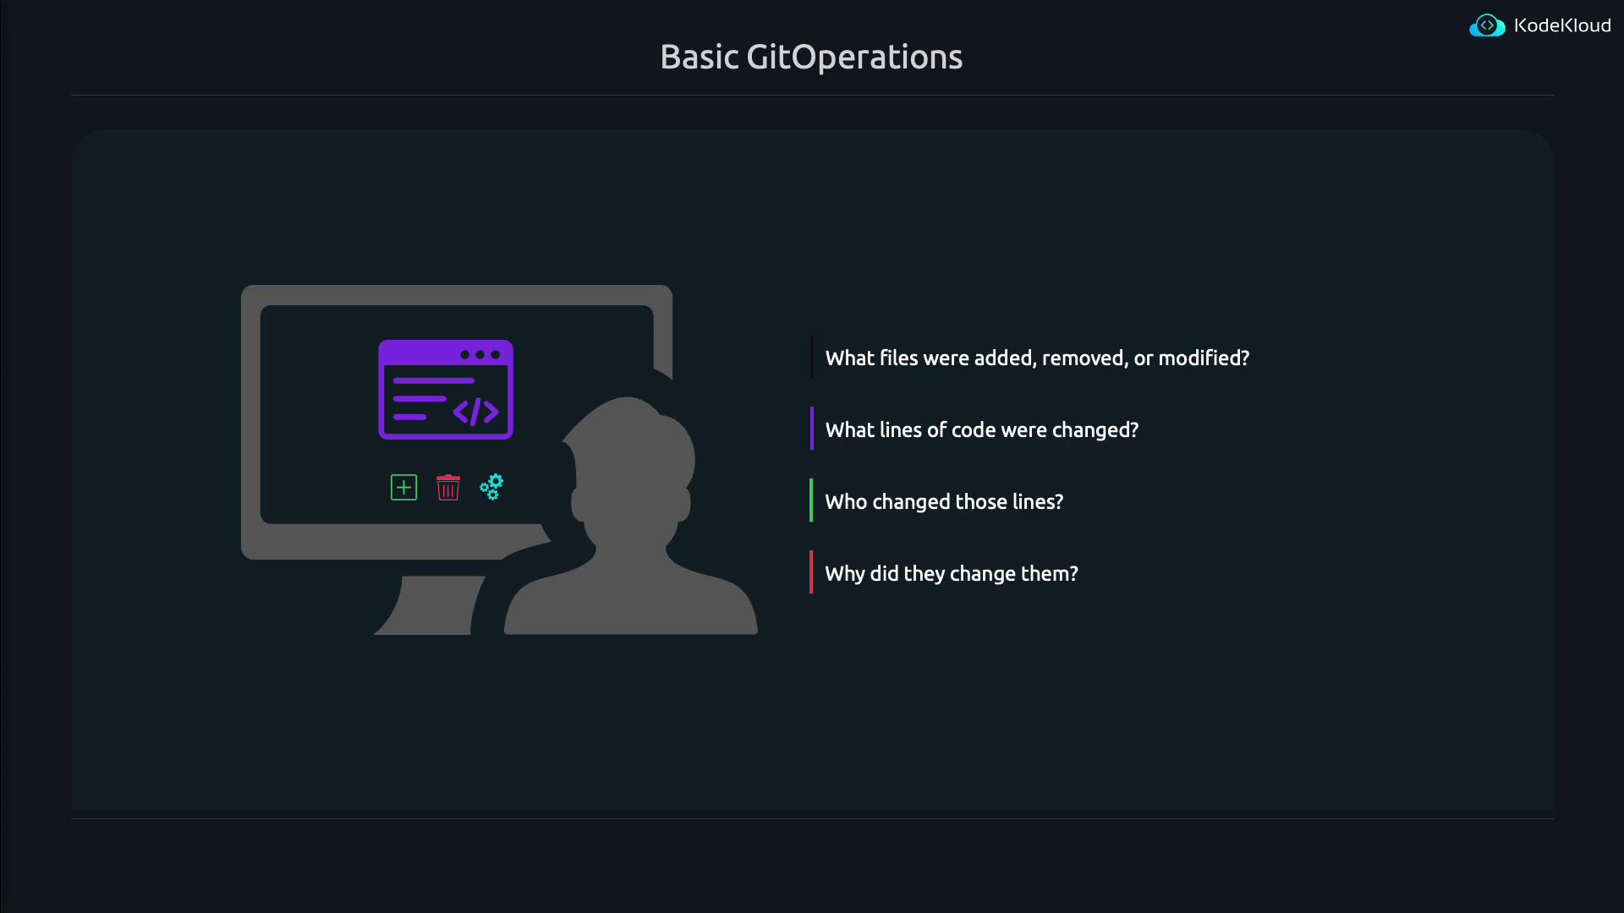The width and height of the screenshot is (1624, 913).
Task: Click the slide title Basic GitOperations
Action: tap(811, 57)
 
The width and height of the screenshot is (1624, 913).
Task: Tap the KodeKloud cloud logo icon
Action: tap(1487, 26)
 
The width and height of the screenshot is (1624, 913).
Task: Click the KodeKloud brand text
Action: tap(1562, 25)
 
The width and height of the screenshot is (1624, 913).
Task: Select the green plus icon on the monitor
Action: tap(403, 488)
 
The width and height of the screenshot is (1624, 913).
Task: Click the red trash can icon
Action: tap(447, 487)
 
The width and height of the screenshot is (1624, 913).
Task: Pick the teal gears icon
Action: tap(491, 487)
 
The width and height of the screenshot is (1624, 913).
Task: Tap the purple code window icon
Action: tap(446, 390)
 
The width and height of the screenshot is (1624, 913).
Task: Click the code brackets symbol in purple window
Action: tap(476, 412)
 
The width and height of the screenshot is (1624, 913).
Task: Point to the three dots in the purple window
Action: tap(480, 354)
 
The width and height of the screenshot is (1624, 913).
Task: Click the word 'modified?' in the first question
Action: tap(1204, 358)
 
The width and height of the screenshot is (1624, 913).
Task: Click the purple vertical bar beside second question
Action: tap(811, 429)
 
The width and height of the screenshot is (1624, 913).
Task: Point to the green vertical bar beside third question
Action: tap(811, 500)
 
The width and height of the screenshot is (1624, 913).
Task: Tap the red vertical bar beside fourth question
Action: tap(811, 572)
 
